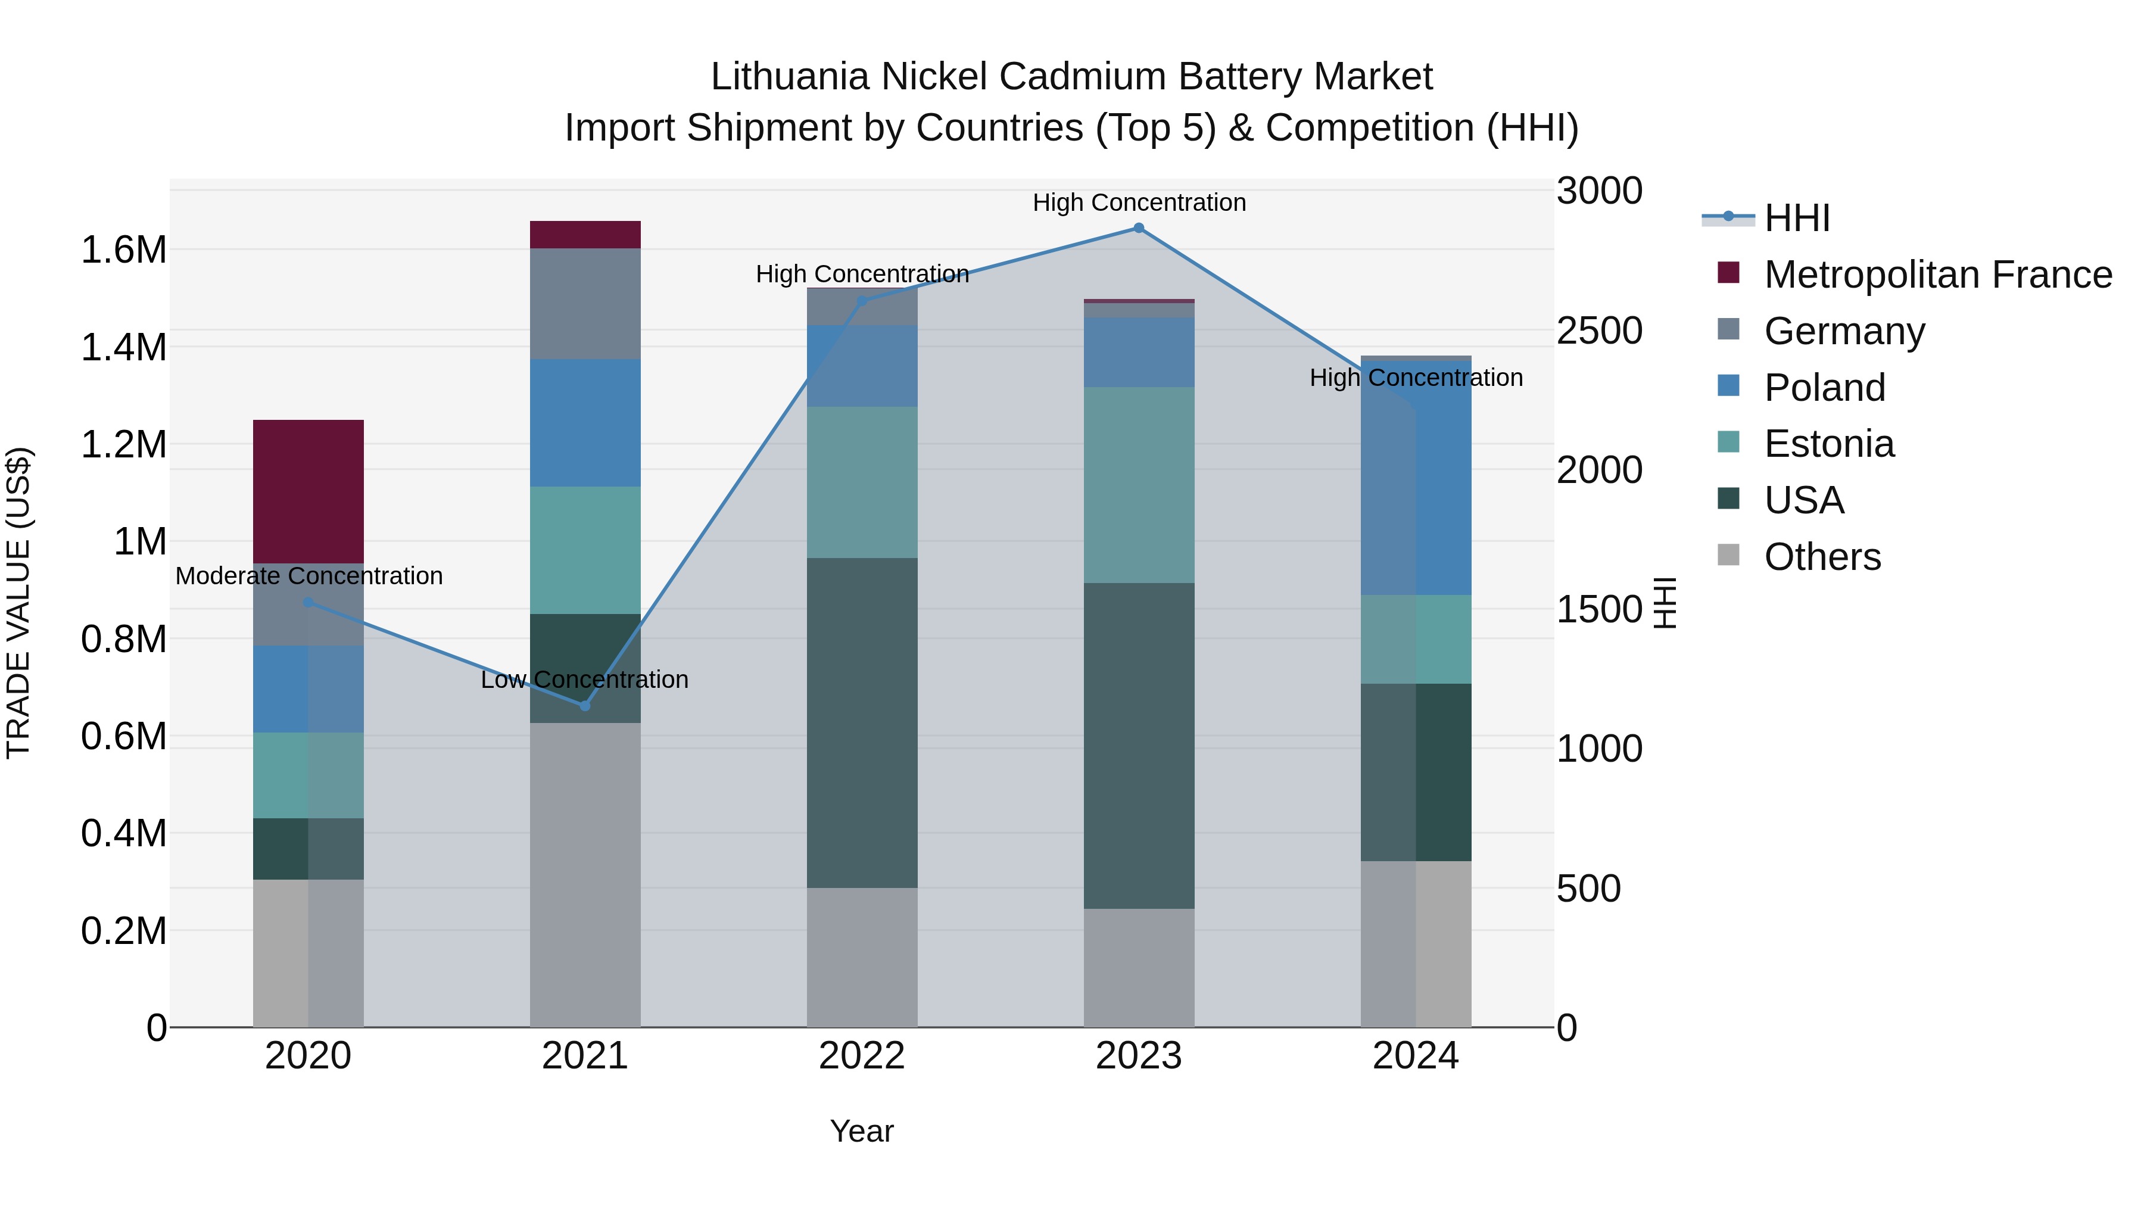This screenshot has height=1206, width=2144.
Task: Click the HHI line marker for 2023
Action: click(x=1139, y=228)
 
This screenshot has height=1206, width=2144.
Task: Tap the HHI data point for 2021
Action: click(x=585, y=706)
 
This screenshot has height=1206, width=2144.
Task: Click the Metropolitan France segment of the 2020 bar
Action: click(x=308, y=491)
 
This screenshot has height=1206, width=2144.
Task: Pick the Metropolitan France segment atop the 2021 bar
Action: click(x=585, y=235)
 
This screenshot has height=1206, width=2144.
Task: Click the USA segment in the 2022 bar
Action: click(x=862, y=722)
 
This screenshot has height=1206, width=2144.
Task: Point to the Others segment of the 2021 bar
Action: click(x=585, y=874)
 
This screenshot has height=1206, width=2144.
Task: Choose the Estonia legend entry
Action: click(x=1828, y=444)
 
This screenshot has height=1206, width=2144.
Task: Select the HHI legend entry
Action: click(x=1796, y=218)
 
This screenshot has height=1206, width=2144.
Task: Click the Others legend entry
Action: click(x=1822, y=557)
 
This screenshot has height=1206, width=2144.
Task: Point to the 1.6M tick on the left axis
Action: click(x=124, y=250)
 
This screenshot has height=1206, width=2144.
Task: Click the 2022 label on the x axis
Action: click(x=862, y=1056)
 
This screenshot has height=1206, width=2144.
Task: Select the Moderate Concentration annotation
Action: click(x=308, y=576)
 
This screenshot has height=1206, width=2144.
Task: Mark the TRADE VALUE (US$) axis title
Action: click(x=18, y=603)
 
